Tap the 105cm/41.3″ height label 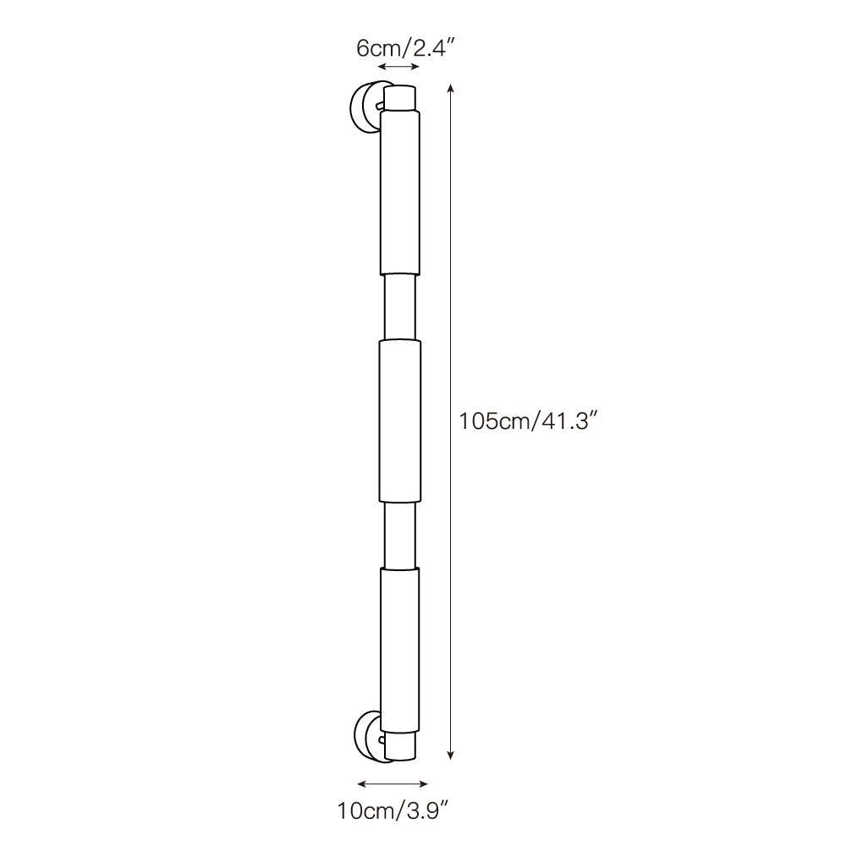[529, 421]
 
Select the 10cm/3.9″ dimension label [392, 812]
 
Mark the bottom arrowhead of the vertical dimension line [452, 755]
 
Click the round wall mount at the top [365, 107]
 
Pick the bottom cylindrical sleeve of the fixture [399, 647]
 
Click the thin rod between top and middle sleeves [399, 306]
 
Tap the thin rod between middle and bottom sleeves [399, 535]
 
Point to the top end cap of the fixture [401, 96]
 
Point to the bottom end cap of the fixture [401, 745]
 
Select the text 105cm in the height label [493, 421]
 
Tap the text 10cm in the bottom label [362, 812]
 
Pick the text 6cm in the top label [373, 47]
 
